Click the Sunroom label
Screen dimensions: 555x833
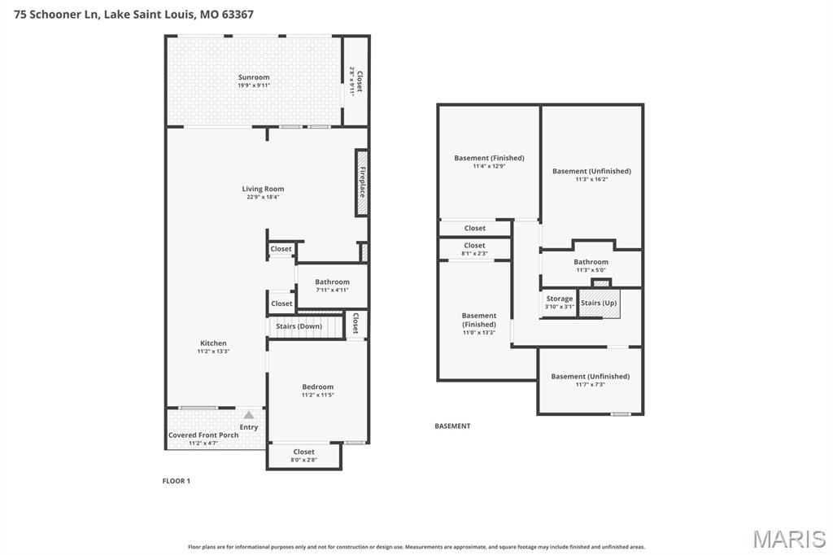pyautogui.click(x=254, y=77)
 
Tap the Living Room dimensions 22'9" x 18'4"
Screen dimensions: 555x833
pyautogui.click(x=263, y=197)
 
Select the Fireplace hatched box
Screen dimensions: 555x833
pyautogui.click(x=362, y=182)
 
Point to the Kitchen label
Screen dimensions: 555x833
pyautogui.click(x=213, y=343)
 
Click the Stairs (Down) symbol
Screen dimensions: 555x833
pyautogui.click(x=299, y=326)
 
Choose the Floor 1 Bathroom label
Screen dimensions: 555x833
pyautogui.click(x=332, y=282)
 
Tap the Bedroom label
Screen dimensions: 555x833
pyautogui.click(x=317, y=387)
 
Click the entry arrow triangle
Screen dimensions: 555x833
pyautogui.click(x=249, y=415)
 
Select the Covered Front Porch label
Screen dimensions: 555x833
pyautogui.click(x=203, y=435)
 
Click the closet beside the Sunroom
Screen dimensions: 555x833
pyautogui.click(x=355, y=81)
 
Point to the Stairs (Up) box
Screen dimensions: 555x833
pyautogui.click(x=599, y=303)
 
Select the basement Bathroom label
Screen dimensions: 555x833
pyautogui.click(x=591, y=262)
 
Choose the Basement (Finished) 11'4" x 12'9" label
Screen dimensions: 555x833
pyautogui.click(x=489, y=158)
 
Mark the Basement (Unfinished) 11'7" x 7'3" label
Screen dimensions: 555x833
pyautogui.click(x=590, y=376)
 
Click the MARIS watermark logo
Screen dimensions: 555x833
pyautogui.click(x=788, y=539)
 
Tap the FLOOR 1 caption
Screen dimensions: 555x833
pyautogui.click(x=176, y=481)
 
